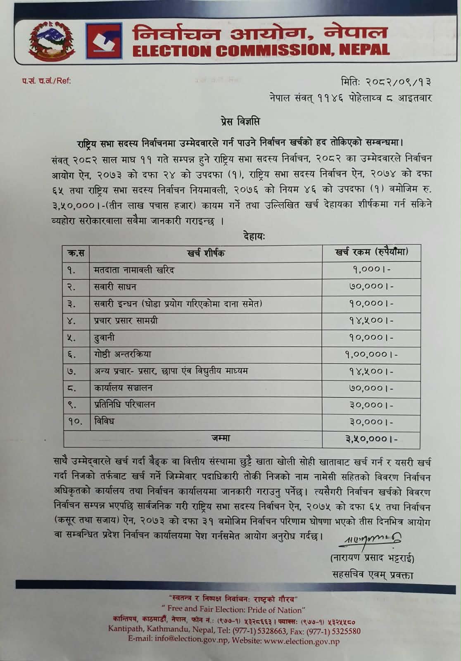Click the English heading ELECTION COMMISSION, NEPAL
261,50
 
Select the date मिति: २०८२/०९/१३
387,82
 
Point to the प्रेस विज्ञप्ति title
239,122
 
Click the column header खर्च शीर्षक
206,253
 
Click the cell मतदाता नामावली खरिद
134,270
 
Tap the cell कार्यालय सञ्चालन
123,388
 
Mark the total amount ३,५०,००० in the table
371,439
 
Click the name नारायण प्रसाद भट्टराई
372,559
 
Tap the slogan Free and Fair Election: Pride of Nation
233,610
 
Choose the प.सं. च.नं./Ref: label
47,81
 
